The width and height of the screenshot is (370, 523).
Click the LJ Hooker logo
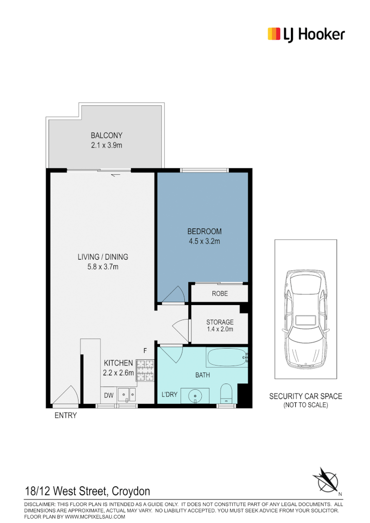tap(306, 34)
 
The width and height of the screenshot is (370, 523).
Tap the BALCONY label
tap(106, 136)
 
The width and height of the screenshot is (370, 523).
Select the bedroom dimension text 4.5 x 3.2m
tap(204, 241)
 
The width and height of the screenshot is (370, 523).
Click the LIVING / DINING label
tap(103, 257)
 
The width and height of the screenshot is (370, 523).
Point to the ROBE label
tap(219, 293)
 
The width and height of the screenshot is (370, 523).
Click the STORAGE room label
tap(220, 322)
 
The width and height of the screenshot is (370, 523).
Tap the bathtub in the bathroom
tap(226, 358)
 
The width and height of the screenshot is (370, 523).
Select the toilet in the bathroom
tap(226, 393)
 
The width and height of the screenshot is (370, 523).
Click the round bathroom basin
tap(195, 395)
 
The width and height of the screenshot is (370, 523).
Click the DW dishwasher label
tap(109, 396)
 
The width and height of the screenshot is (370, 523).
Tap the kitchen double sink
tap(128, 396)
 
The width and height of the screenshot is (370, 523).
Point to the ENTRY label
tap(65, 415)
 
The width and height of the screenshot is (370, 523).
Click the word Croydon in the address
tap(131, 492)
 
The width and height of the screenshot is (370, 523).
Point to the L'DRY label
tap(169, 395)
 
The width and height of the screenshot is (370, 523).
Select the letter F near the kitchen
tap(144, 350)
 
